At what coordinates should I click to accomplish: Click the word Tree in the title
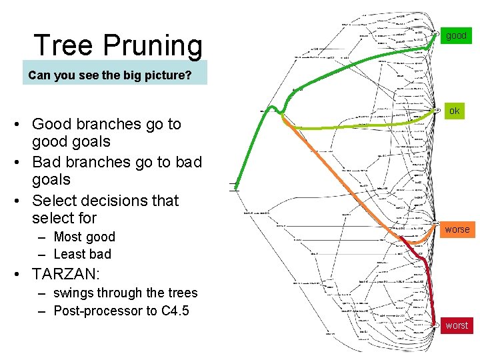coord(63,45)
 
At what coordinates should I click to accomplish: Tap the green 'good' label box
coord(457,35)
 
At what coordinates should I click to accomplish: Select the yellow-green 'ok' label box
coord(454,111)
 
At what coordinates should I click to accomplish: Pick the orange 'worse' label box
coord(457,229)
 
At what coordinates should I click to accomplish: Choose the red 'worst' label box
coord(457,325)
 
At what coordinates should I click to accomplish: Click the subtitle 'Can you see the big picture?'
coord(110,75)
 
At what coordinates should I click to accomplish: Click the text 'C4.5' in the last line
coord(175,311)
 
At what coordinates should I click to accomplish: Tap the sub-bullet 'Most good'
coord(84,237)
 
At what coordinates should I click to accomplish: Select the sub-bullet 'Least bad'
coord(82,254)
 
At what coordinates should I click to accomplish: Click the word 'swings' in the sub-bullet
coord(73,293)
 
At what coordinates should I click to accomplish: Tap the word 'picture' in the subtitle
coord(166,75)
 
